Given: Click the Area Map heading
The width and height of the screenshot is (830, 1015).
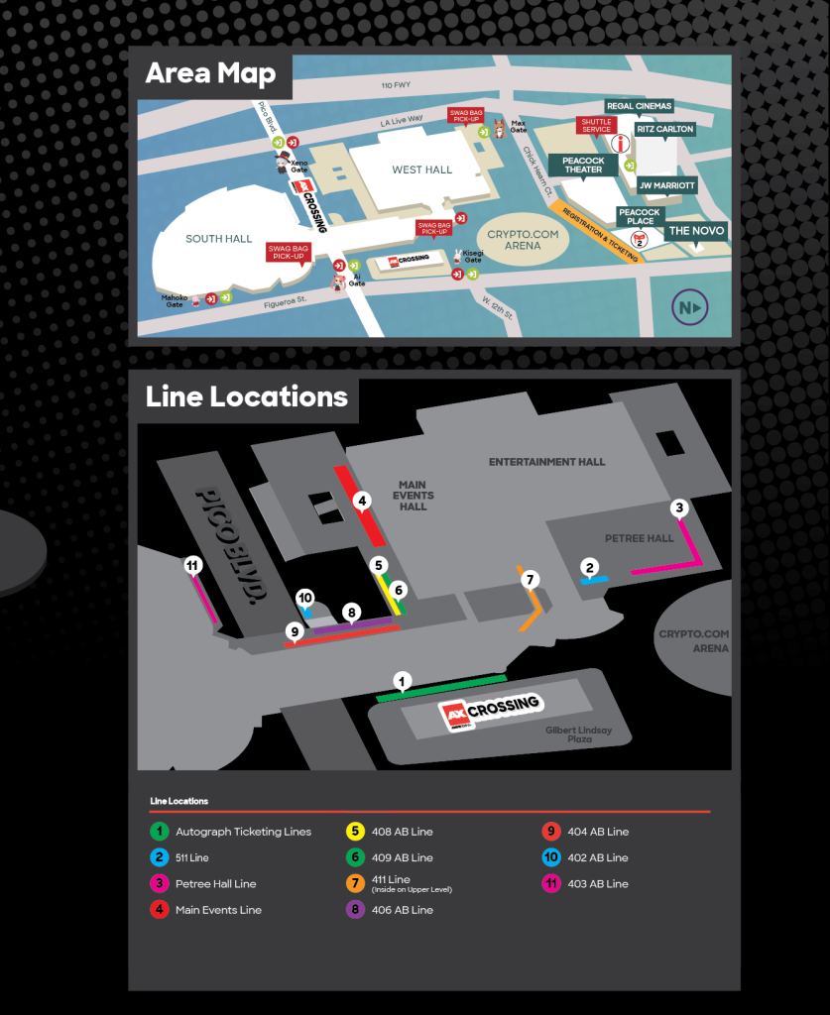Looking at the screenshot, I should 211,73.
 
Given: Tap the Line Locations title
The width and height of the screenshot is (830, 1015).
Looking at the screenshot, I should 246,396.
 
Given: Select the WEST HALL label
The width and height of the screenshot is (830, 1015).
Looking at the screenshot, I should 421,169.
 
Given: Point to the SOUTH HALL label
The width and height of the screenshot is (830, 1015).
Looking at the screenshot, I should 218,239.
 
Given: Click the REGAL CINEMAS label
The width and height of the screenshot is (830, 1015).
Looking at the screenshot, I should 640,106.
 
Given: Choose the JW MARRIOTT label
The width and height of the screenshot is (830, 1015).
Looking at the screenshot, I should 666,185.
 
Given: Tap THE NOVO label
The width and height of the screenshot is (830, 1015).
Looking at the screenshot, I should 696,231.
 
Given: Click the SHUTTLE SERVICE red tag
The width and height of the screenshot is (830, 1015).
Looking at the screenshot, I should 596,126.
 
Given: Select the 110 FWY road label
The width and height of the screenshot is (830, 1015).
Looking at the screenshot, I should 395,86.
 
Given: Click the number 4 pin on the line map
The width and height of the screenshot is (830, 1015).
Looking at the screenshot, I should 363,502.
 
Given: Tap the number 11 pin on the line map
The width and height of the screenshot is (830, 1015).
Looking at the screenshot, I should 193,565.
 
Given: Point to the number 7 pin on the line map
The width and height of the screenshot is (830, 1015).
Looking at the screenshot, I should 530,579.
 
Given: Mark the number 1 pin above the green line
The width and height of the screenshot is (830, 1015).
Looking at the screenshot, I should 402,681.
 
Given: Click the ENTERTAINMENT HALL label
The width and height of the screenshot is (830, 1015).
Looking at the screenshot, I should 546,462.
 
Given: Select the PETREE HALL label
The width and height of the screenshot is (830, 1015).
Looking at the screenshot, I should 639,538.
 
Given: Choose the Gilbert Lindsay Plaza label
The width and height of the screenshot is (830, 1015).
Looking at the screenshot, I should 578,734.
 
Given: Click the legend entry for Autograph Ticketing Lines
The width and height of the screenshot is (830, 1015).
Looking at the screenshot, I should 243,832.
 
